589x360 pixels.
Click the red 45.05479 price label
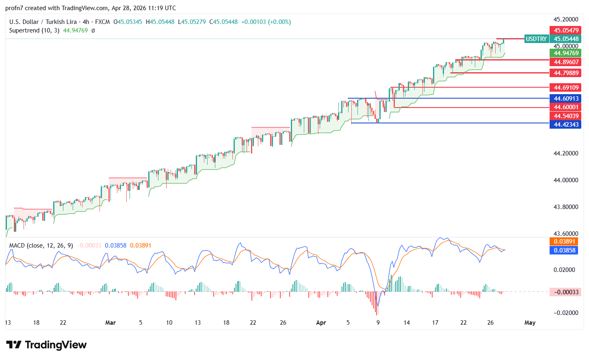point(566,30)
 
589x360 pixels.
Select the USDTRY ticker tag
point(536,39)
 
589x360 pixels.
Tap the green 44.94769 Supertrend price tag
point(566,53)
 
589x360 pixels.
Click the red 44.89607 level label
point(566,62)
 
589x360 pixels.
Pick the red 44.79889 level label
point(566,73)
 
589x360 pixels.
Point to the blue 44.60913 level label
point(566,99)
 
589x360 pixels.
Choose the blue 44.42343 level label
point(566,125)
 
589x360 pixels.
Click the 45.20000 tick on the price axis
point(566,19)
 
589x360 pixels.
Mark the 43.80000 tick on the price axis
point(566,207)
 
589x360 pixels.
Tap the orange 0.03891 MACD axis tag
point(565,241)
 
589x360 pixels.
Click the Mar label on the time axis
point(110,323)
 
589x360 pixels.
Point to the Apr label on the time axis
point(321,323)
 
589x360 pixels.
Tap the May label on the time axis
point(530,323)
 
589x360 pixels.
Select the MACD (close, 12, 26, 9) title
point(41,246)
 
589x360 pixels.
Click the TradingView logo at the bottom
point(46,345)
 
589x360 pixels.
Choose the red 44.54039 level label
point(566,116)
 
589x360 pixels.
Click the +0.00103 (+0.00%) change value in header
point(266,22)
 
